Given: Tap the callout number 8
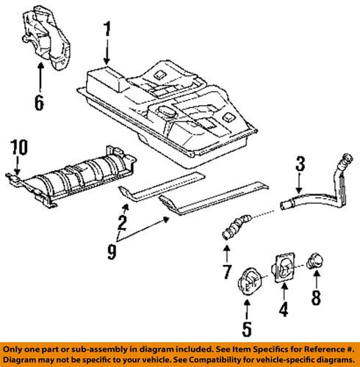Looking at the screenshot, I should point(317,298).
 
